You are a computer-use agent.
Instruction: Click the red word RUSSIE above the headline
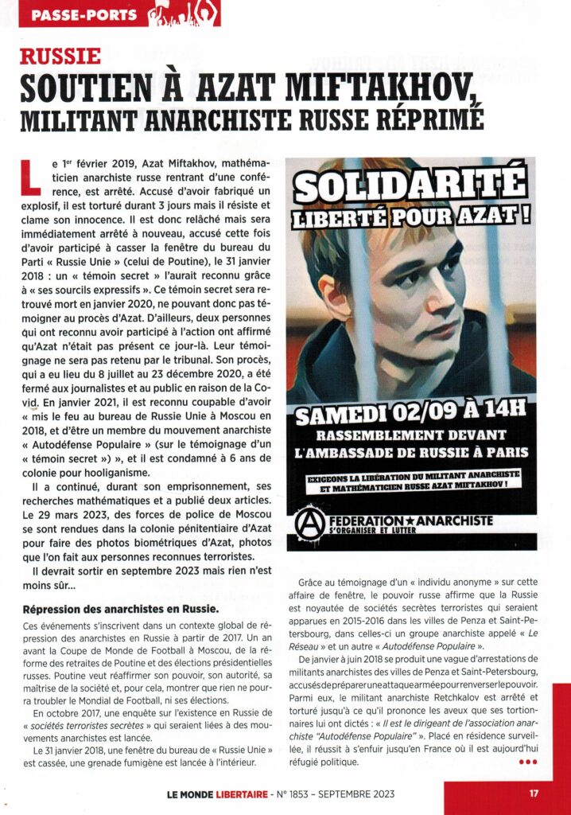coord(60,56)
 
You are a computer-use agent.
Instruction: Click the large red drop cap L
coord(29,175)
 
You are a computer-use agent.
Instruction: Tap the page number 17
coord(534,793)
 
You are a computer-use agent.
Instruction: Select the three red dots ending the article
coord(528,762)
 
